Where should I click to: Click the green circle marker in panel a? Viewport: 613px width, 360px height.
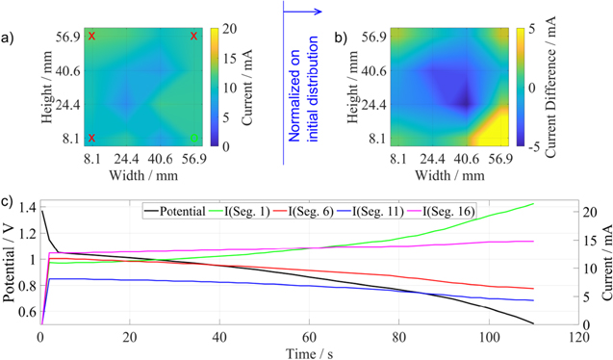click(194, 138)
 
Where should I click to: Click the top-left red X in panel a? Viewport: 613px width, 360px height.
click(92, 36)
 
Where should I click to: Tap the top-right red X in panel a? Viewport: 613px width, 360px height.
click(194, 36)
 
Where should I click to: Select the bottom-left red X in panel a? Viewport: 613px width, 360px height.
click(92, 138)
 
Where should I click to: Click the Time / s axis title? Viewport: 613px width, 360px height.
click(309, 352)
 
